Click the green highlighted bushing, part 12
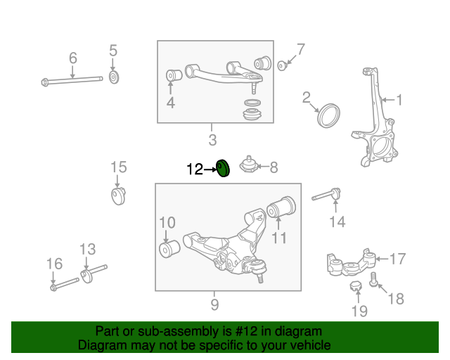(223, 169)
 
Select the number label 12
(194, 169)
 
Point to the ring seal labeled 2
(328, 115)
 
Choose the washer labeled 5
(115, 76)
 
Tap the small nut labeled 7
(282, 65)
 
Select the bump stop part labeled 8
(247, 167)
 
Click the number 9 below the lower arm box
(214, 304)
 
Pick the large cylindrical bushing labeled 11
(282, 208)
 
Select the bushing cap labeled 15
(118, 194)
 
